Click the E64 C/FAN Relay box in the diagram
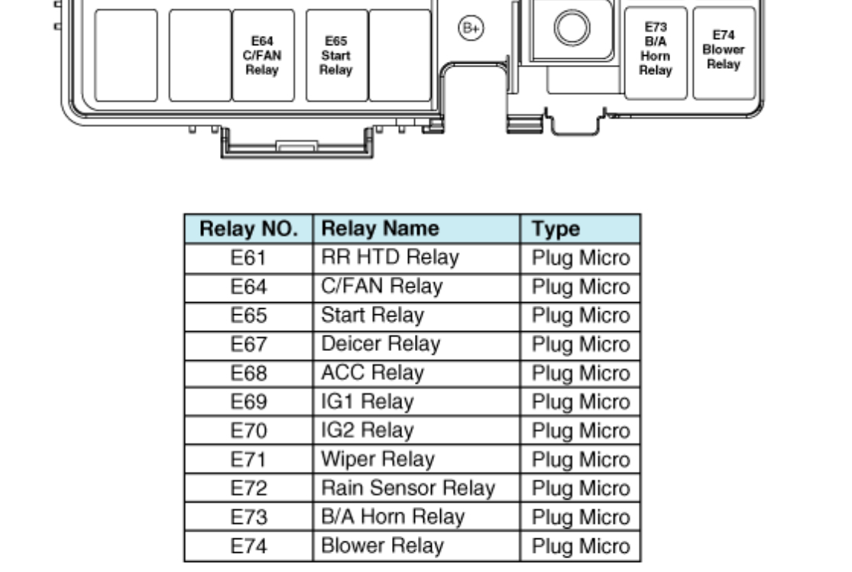tap(263, 55)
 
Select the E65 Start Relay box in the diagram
tap(336, 55)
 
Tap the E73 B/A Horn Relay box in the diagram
tap(656, 52)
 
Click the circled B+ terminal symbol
tap(471, 28)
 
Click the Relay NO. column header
tap(248, 229)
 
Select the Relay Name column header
tap(416, 229)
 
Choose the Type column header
tap(580, 229)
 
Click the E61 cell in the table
tap(248, 258)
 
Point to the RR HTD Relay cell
tap(416, 258)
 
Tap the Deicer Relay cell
tap(416, 344)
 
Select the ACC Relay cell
tap(416, 373)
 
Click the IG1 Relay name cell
tap(416, 401)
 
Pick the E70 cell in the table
tap(248, 431)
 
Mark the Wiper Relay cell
tap(416, 460)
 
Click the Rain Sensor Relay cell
tap(416, 488)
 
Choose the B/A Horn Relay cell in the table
tap(416, 517)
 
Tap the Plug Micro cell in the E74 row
tap(580, 546)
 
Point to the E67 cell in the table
tap(248, 344)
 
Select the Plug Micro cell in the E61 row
tap(580, 258)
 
